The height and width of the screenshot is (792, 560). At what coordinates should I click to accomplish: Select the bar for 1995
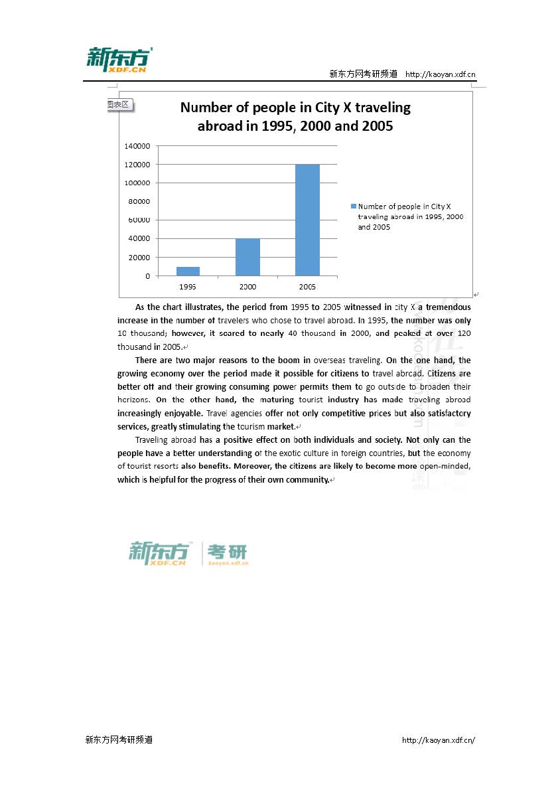click(x=188, y=271)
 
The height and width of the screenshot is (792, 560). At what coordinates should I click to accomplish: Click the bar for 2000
click(x=247, y=257)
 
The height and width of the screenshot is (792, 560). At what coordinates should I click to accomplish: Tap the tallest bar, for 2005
click(x=307, y=220)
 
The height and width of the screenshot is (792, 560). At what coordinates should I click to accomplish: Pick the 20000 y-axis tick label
click(x=139, y=257)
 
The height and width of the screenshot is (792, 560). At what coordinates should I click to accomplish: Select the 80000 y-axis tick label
click(x=139, y=201)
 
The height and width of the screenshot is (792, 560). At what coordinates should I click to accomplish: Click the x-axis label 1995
click(x=188, y=287)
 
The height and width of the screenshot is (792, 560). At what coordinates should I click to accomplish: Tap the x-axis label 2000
click(x=247, y=287)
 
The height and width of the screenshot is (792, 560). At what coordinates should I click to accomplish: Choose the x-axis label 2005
click(x=307, y=287)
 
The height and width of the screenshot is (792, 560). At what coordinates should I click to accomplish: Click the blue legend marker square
click(x=354, y=206)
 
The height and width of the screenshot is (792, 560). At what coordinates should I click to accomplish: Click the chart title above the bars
click(x=295, y=116)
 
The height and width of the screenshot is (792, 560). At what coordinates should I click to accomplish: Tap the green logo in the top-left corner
click(x=119, y=60)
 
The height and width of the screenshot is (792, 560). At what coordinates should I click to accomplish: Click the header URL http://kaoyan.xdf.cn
click(x=440, y=74)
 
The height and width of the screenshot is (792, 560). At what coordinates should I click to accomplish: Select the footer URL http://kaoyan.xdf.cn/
click(x=439, y=740)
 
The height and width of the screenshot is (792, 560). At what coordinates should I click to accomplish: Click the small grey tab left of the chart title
click(x=119, y=105)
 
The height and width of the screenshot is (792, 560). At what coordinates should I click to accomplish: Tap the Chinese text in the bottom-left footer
click(x=119, y=740)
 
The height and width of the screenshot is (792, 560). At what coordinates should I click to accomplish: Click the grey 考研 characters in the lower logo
click(x=228, y=551)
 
